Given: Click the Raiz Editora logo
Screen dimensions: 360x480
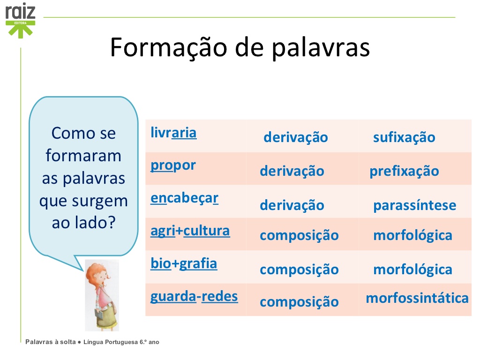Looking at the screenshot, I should coord(20,20).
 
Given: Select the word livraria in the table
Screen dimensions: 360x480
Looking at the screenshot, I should coord(173,133).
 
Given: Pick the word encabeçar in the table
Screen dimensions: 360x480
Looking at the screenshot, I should coord(184,198).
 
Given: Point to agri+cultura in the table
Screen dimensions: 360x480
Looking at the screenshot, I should coord(190,231).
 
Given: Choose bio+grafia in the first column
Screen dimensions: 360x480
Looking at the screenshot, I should coord(184,263).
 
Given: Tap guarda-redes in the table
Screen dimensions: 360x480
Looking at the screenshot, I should coord(194,296).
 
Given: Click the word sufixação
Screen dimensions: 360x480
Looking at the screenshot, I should coord(404,137).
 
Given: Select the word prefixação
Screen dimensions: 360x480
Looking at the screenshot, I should coord(404,171).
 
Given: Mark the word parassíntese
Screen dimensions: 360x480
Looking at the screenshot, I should coord(414,205).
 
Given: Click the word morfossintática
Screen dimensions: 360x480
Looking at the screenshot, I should coord(417,298).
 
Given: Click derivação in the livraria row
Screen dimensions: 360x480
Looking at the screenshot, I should coord(295,137).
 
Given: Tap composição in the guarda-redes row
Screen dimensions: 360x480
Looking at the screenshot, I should coord(299,301).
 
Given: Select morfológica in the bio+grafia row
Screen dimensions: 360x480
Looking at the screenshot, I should coord(412,270).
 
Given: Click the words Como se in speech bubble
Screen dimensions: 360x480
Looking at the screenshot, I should coord(83,134).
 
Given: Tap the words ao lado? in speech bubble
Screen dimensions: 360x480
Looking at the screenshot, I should coord(83,222).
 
